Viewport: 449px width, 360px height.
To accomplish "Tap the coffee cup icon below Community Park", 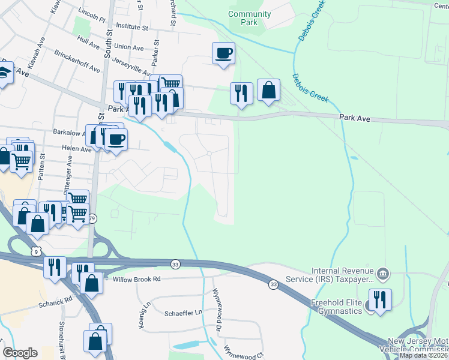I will [x=223, y=53].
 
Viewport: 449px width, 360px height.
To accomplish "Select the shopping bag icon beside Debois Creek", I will [x=269, y=90].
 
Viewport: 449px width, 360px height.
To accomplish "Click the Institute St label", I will [x=132, y=27].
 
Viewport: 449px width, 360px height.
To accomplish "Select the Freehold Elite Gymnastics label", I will [x=336, y=307].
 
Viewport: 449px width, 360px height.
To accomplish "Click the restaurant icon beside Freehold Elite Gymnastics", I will [x=379, y=299].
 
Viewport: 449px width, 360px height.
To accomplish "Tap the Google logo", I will [x=20, y=353].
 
